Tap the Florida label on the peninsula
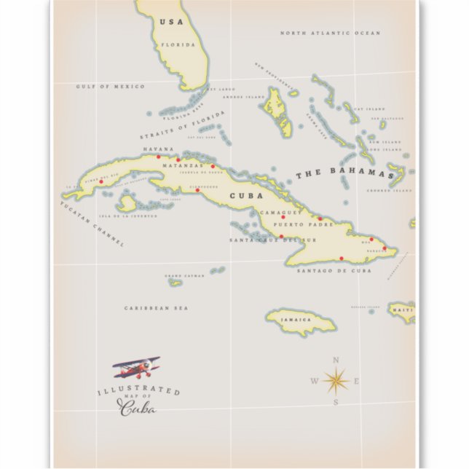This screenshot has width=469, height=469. (182, 45)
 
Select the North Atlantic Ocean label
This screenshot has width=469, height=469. (330, 33)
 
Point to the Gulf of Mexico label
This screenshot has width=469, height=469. (110, 87)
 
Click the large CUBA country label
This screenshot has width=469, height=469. (242, 195)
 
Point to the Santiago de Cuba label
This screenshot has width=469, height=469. (334, 270)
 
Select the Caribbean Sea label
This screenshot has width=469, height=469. (156, 308)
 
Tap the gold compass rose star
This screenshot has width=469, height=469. (336, 379)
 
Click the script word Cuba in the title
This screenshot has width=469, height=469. (137, 408)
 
